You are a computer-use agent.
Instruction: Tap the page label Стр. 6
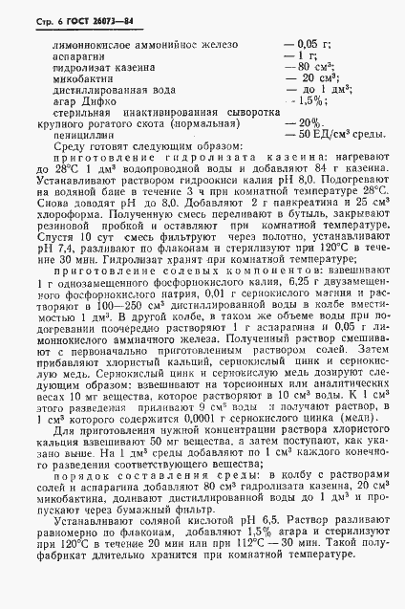click(29, 19)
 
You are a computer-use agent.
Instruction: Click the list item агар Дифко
click(83, 99)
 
